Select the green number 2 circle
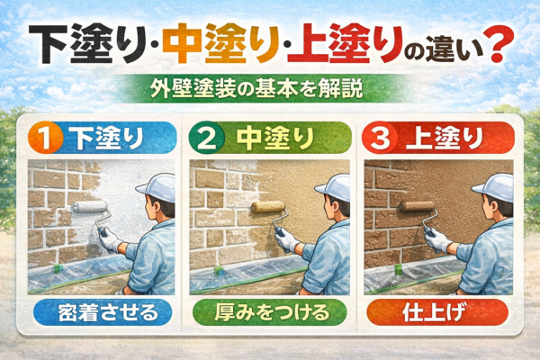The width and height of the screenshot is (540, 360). pos(207,139)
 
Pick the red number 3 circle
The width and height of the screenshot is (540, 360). pos(380,139)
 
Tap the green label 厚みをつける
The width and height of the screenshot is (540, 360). pos(270,312)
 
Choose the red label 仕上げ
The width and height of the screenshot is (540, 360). pos(437,312)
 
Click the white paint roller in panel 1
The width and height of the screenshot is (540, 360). pos(90,207)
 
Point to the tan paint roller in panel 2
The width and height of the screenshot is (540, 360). pos(268,206)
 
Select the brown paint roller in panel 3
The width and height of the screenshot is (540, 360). pos(418,206)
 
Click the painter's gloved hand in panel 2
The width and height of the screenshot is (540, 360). pos(285,239)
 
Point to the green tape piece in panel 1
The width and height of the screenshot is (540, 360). pos(58,268)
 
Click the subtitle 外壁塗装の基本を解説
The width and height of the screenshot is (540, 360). pos(256,90)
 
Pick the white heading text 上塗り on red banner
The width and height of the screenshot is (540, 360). pos(445,139)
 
